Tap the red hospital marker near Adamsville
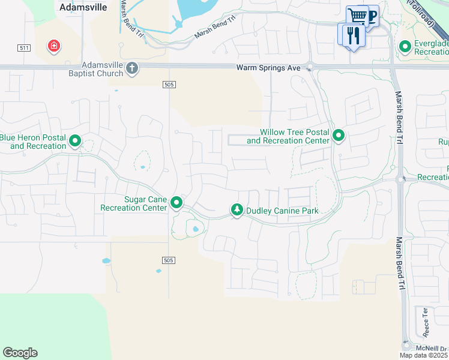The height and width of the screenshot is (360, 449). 54,46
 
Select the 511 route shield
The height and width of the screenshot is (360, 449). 24,48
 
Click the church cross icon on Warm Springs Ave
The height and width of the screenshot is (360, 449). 133,68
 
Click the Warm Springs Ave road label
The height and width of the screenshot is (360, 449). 268,68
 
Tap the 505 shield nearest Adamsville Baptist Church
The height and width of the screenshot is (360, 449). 169,85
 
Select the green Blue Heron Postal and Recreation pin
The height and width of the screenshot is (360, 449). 76,141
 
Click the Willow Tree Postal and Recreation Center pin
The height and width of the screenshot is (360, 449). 339,136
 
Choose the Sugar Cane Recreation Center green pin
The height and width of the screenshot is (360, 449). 176,203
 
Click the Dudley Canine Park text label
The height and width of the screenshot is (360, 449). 282,211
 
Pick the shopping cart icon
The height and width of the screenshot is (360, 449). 357,15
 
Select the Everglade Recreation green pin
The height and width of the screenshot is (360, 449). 405,46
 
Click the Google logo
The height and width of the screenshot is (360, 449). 20,353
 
